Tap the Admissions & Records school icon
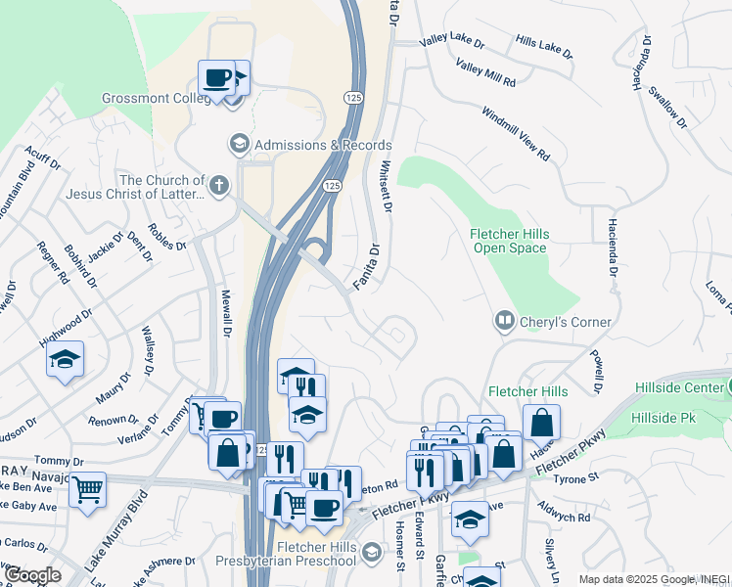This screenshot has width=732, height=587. (238, 145)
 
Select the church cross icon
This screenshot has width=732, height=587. (219, 185)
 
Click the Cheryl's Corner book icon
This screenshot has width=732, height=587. (504, 321)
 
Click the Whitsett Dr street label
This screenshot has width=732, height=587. (386, 187)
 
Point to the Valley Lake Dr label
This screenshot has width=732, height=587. (451, 43)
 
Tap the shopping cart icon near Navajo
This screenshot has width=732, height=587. (88, 487)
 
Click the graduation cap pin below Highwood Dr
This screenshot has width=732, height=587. (65, 359)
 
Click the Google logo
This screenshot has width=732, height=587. (32, 575)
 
